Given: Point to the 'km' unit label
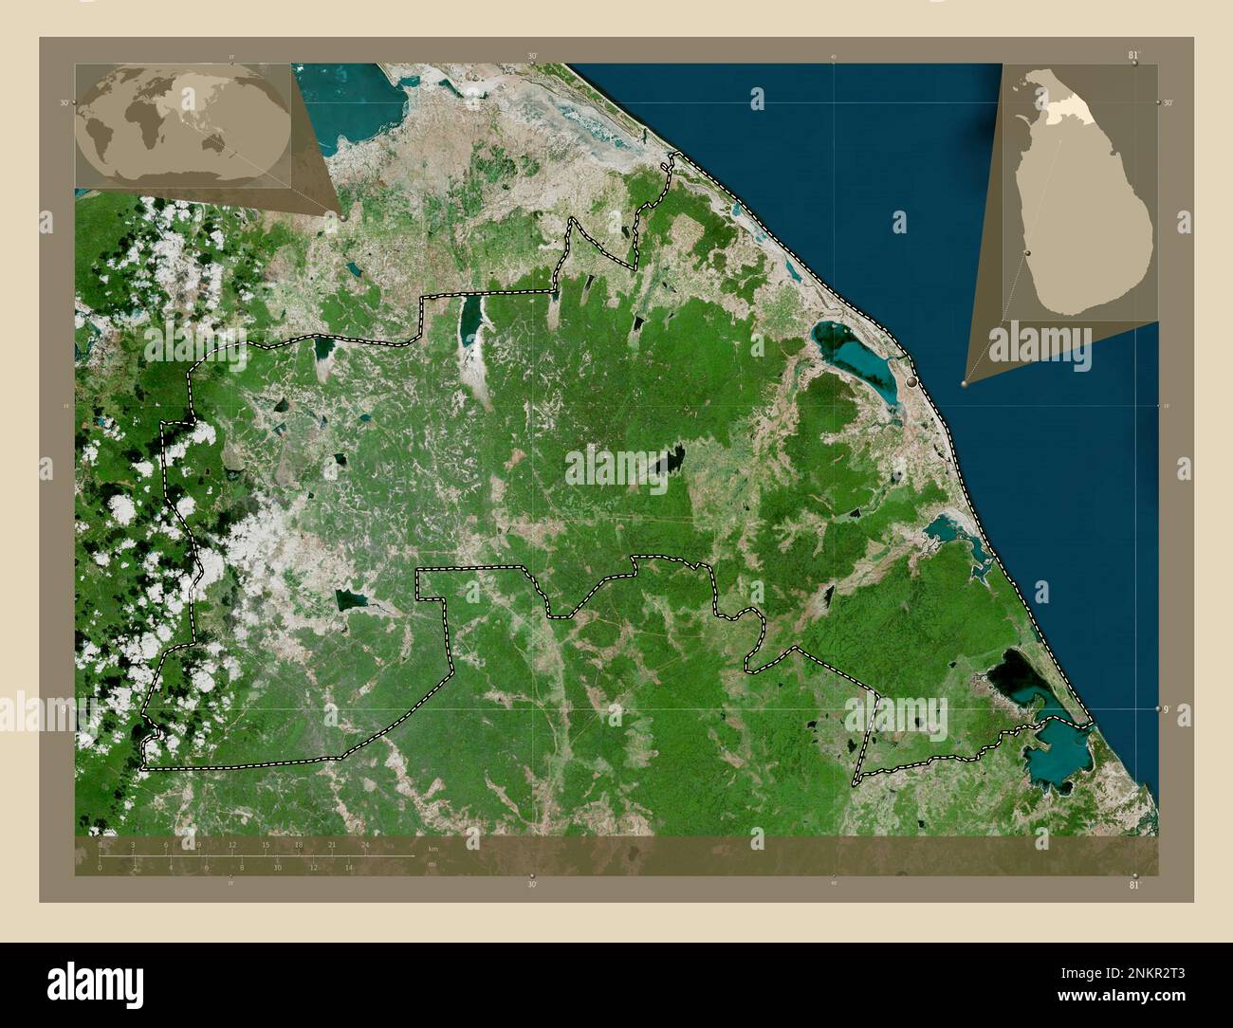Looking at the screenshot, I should (432, 848).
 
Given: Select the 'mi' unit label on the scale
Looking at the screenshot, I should (432, 864).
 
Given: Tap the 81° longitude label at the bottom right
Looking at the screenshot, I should (1133, 884).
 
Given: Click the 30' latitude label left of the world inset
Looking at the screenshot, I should (64, 102).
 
